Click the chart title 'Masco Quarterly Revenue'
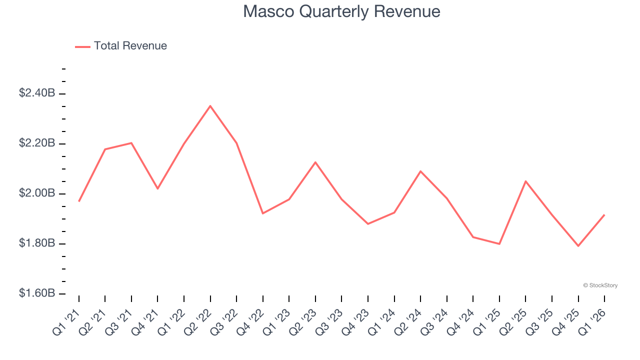pos(341,11)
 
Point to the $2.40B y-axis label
pos(37,93)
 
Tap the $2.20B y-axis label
pos(37,143)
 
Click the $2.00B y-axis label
pos(37,193)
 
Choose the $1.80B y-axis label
pos(37,243)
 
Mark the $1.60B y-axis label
pos(37,293)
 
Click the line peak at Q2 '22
pos(210,105)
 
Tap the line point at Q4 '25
pos(578,246)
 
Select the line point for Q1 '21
pos(79,201)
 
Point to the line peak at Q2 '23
pos(315,162)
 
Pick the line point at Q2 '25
pos(525,181)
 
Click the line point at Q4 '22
pos(262,213)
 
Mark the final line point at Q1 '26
pos(604,215)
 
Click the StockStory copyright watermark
pos(600,285)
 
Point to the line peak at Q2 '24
pos(420,171)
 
